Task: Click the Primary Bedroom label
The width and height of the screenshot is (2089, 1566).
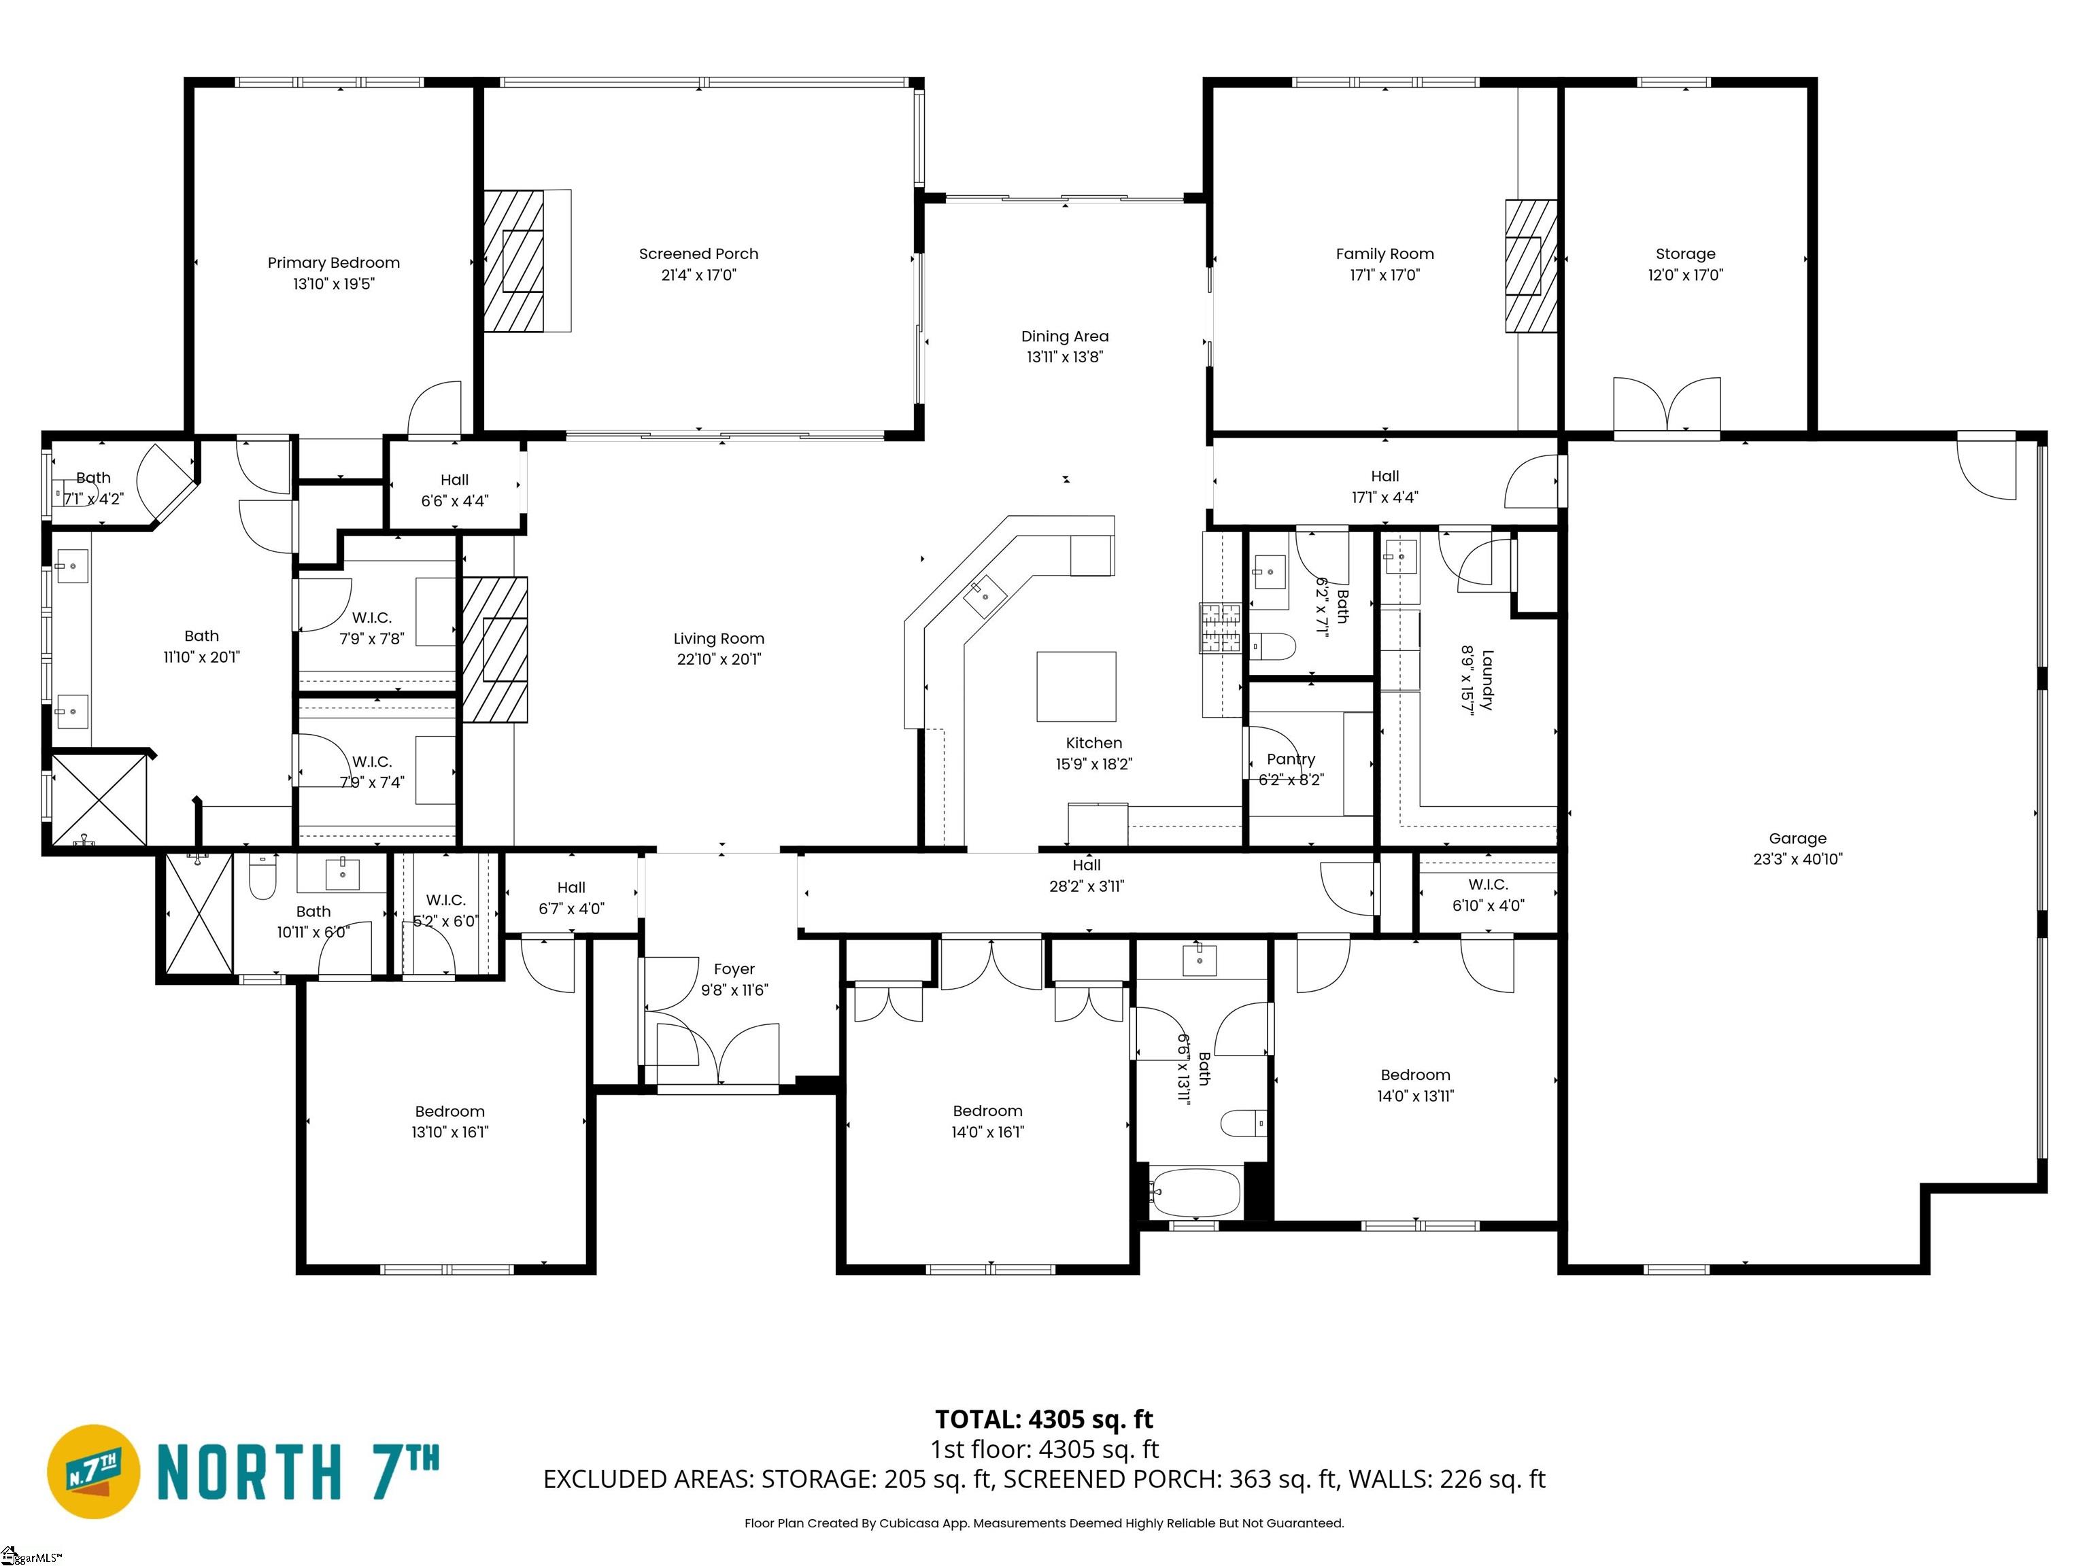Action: coord(333,263)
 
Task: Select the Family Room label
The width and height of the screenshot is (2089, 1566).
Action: coord(1385,254)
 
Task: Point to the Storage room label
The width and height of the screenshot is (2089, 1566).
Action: coord(1686,254)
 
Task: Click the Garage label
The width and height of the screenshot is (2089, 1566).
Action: coord(1797,838)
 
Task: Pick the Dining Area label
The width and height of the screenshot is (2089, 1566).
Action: coord(1064,336)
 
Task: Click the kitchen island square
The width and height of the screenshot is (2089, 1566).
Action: coord(1076,687)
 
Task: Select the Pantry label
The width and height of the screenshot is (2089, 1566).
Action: coord(1291,759)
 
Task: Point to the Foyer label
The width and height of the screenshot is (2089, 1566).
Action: coord(734,969)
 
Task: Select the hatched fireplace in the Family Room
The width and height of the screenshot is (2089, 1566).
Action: coord(1531,266)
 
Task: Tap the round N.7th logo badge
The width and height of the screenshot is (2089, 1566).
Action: coord(93,1472)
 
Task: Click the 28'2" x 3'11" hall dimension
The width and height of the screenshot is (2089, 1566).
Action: coord(1087,886)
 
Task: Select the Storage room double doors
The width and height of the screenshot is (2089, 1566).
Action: coord(1667,406)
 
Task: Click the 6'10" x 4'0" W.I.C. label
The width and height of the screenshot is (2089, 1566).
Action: coord(1489,905)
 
